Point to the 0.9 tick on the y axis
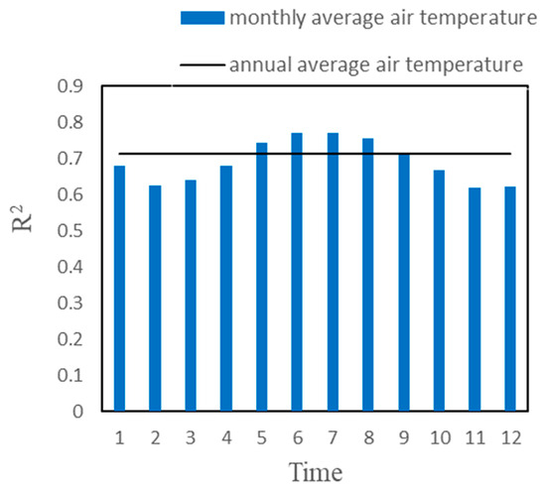pyautogui.click(x=72, y=87)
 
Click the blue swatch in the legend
pyautogui.click(x=203, y=18)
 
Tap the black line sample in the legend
pyautogui.click(x=203, y=65)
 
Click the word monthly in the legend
pyautogui.click(x=261, y=18)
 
